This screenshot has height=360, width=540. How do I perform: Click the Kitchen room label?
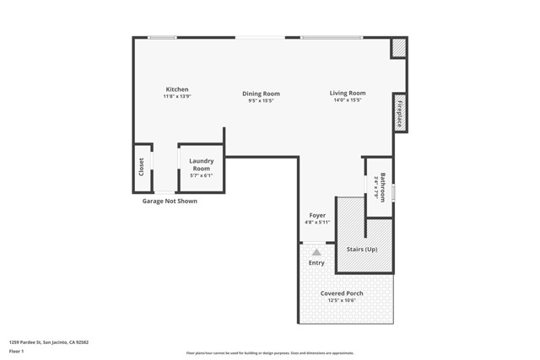[177, 89]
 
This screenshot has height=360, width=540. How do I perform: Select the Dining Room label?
[261, 94]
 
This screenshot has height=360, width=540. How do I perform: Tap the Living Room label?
[347, 93]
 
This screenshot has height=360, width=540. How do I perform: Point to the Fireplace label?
[400, 112]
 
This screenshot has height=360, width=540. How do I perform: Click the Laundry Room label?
[201, 164]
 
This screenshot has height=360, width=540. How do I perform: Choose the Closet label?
[142, 168]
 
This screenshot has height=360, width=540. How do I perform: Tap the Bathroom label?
[382, 187]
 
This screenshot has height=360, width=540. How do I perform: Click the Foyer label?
[316, 215]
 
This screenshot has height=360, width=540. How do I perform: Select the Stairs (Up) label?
[362, 249]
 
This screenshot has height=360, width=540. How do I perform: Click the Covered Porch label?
[342, 293]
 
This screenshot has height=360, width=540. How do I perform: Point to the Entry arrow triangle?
[316, 251]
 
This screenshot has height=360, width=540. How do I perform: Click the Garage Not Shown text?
[170, 201]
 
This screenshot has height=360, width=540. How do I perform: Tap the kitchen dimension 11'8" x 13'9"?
[177, 97]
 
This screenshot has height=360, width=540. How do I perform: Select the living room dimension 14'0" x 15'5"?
[347, 100]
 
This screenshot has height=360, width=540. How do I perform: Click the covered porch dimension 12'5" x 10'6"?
[342, 300]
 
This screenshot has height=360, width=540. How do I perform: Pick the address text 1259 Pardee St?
[48, 342]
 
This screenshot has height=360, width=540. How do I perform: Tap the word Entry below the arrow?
[316, 263]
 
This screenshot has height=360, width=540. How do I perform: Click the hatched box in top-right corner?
[399, 48]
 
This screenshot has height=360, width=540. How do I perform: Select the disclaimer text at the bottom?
[270, 353]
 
